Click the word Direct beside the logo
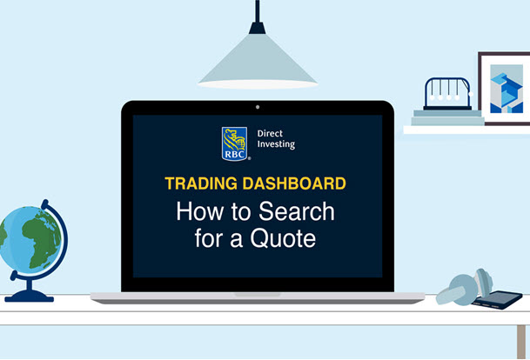(x=271, y=134)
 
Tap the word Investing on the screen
(x=276, y=145)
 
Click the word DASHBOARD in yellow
(x=297, y=183)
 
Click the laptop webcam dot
(x=257, y=108)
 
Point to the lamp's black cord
(x=257, y=12)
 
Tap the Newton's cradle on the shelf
(x=447, y=94)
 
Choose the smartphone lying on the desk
(x=497, y=299)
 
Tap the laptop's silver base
(x=257, y=297)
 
